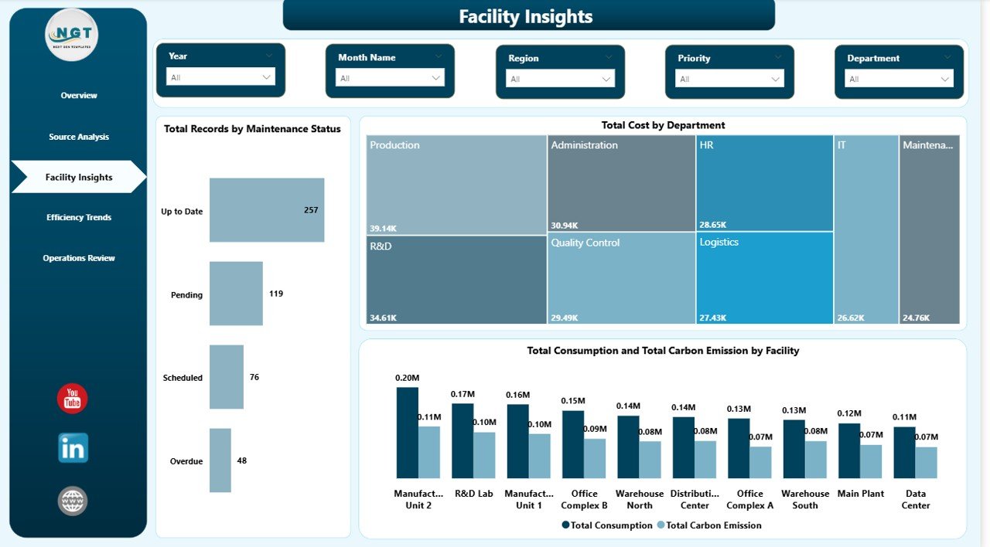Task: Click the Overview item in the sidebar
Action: pyautogui.click(x=79, y=96)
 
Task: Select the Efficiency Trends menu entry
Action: pyautogui.click(x=79, y=218)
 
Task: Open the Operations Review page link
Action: pyautogui.click(x=79, y=258)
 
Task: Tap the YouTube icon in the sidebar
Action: pyautogui.click(x=73, y=399)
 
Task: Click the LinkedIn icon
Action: pyautogui.click(x=73, y=448)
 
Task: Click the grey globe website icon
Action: pyautogui.click(x=73, y=501)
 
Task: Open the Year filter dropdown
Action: pyautogui.click(x=220, y=77)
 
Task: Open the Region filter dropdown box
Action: pyautogui.click(x=560, y=79)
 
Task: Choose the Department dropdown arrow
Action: pyautogui.click(x=944, y=79)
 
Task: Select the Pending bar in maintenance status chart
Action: pyautogui.click(x=236, y=294)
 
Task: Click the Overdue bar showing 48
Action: pyautogui.click(x=220, y=460)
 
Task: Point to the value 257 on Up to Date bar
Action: pyautogui.click(x=311, y=210)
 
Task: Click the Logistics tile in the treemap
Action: pyautogui.click(x=764, y=278)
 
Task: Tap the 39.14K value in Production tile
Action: pyautogui.click(x=384, y=229)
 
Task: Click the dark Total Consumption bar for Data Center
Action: pyautogui.click(x=904, y=453)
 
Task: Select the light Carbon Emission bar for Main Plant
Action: pyautogui.click(x=871, y=461)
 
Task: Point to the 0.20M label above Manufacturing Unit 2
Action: pyautogui.click(x=407, y=378)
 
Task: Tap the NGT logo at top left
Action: pyautogui.click(x=72, y=35)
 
